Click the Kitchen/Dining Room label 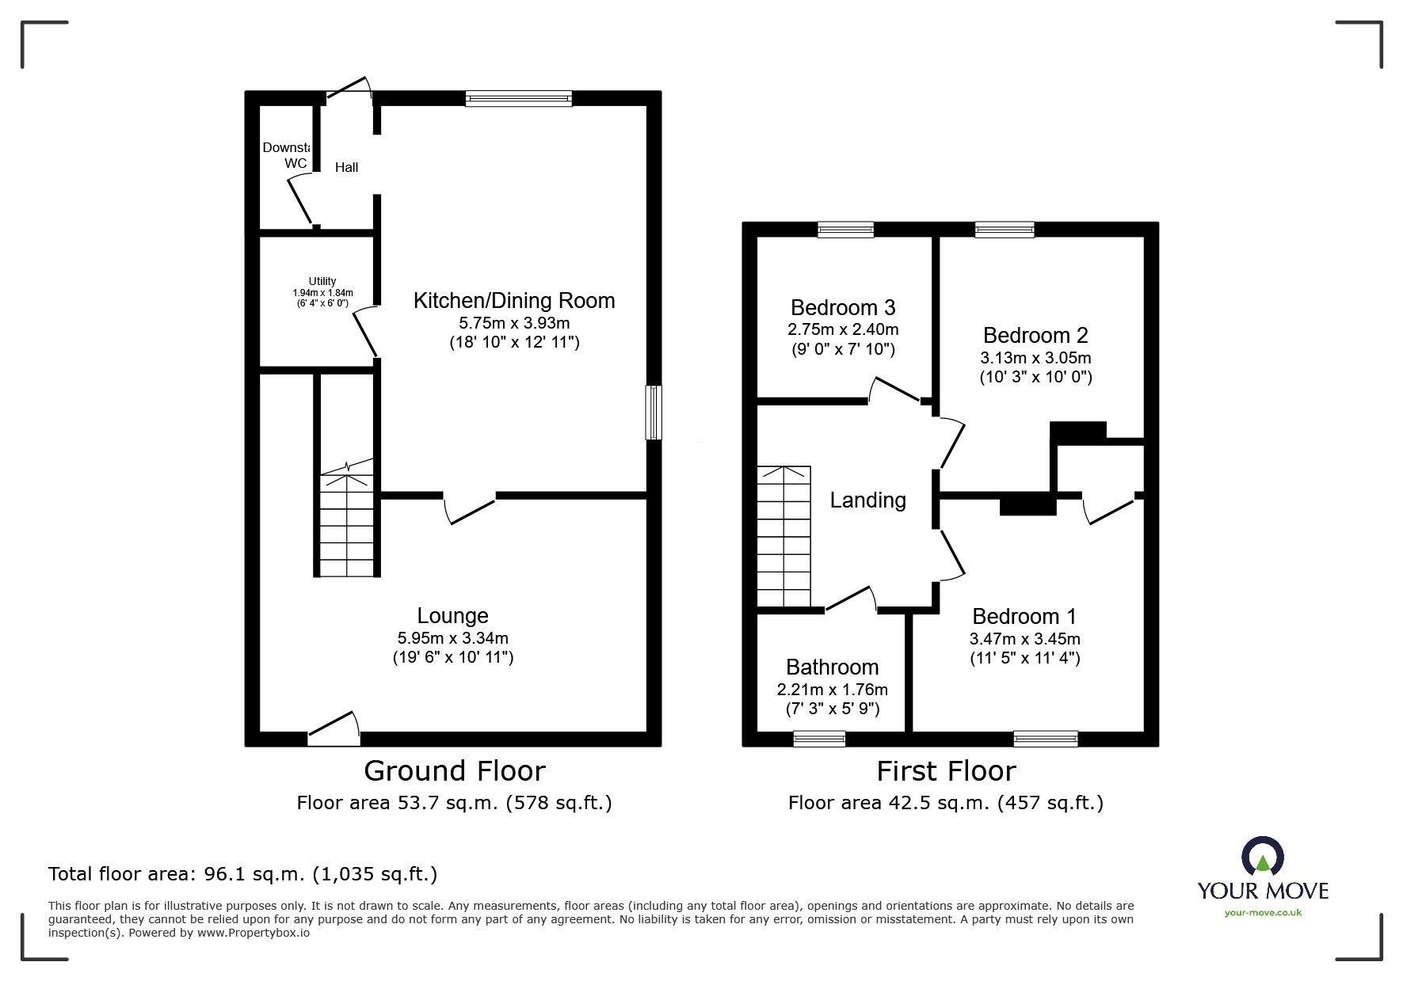(514, 301)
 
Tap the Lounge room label (453, 616)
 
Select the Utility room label (322, 281)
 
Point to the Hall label (346, 167)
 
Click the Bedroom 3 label (843, 307)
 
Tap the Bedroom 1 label (1024, 616)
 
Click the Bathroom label (833, 667)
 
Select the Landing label (868, 500)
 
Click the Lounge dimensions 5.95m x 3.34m (453, 638)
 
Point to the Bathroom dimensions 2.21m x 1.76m (833, 690)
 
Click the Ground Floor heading (455, 770)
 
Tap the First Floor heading (946, 770)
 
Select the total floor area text (243, 874)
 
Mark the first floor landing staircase (783, 537)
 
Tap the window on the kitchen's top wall (519, 98)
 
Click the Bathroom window (819, 739)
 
